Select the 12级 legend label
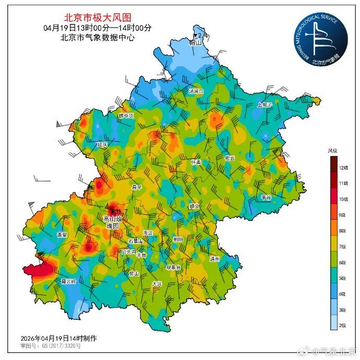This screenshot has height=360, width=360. coord(343,167)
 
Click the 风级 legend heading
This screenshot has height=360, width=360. coord(332,151)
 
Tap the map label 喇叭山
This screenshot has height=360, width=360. coord(196,43)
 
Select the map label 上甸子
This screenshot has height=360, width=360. coord(265,104)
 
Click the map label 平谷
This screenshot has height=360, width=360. coord(266,198)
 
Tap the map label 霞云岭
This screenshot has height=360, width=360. coord(68,281)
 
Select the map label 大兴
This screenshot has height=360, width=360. coord(157,284)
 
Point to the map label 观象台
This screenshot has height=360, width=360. coord(173,267)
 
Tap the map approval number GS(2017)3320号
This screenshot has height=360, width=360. coord(57,345)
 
